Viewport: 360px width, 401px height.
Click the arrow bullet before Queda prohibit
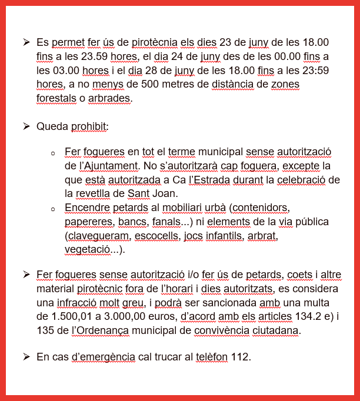pos(26,126)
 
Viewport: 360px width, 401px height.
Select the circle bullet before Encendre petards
pos(54,209)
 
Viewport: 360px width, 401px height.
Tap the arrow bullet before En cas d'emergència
pos(26,356)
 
